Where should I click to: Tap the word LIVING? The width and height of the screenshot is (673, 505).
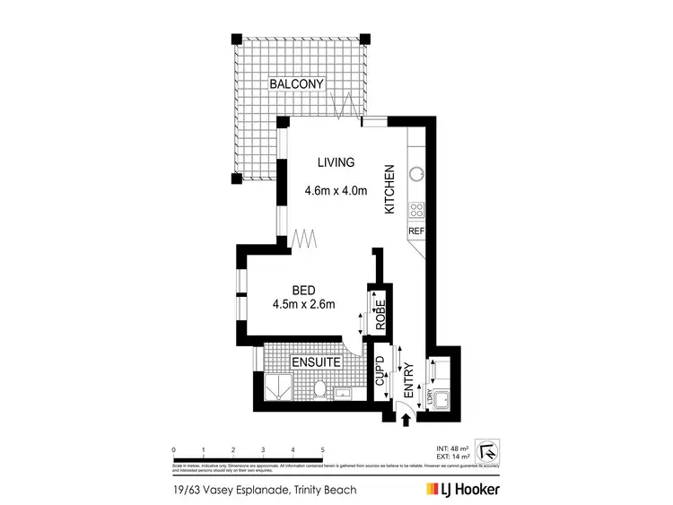pyautogui.click(x=336, y=162)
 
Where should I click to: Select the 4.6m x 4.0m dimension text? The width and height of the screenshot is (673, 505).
pyautogui.click(x=336, y=190)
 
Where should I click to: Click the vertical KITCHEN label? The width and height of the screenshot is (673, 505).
pyautogui.click(x=390, y=188)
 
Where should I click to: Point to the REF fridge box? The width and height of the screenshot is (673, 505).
pyautogui.click(x=415, y=231)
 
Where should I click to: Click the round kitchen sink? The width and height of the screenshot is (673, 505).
pyautogui.click(x=416, y=174)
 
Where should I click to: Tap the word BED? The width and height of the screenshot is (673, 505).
pyautogui.click(x=303, y=290)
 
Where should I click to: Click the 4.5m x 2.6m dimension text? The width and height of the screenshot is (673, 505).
pyautogui.click(x=303, y=304)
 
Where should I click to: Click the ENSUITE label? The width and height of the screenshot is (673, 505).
pyautogui.click(x=315, y=362)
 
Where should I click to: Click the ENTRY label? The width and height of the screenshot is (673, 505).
pyautogui.click(x=408, y=380)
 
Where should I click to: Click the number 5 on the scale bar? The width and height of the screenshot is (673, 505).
pyautogui.click(x=321, y=449)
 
